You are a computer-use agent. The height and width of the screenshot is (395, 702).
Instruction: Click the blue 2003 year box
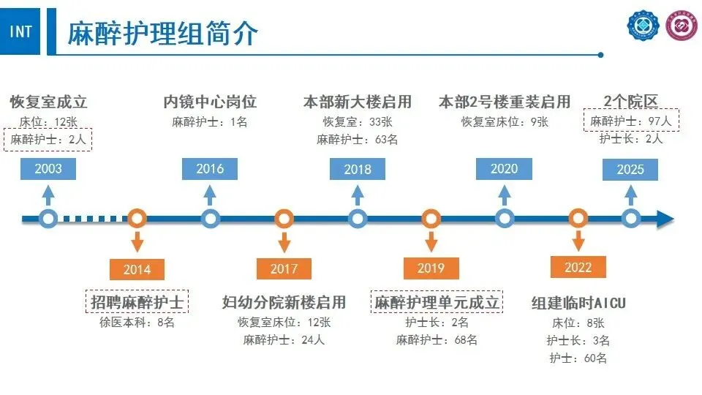pyautogui.click(x=48, y=169)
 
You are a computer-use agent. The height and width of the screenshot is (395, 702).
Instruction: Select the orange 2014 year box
pyautogui.click(x=137, y=268)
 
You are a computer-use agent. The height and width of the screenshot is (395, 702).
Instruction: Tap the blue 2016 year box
pyautogui.click(x=210, y=169)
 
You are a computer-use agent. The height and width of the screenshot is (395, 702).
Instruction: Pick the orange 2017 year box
pyautogui.click(x=284, y=268)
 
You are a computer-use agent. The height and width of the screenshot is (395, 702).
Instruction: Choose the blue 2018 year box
pyautogui.click(x=358, y=169)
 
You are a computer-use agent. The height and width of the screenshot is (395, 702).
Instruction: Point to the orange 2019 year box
pyautogui.click(x=431, y=268)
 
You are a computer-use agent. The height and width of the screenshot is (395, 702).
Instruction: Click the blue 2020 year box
pyautogui.click(x=504, y=169)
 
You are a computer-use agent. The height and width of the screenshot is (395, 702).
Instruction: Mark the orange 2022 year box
pyautogui.click(x=578, y=268)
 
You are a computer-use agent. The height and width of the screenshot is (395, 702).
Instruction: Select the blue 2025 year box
pyautogui.click(x=630, y=169)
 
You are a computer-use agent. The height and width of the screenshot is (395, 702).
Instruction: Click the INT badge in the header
pyautogui.click(x=21, y=32)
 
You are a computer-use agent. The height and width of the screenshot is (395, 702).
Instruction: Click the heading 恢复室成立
pyautogui.click(x=48, y=102)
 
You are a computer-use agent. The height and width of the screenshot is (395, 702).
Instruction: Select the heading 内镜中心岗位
pyautogui.click(x=210, y=102)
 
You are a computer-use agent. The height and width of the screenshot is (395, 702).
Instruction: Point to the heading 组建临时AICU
pyautogui.click(x=578, y=303)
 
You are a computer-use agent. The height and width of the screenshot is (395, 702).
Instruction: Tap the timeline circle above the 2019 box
pyautogui.click(x=431, y=218)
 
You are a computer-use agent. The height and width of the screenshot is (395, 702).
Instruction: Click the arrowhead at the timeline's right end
pyautogui.click(x=665, y=218)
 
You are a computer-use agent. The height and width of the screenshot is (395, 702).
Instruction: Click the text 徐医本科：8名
pyautogui.click(x=137, y=322)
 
